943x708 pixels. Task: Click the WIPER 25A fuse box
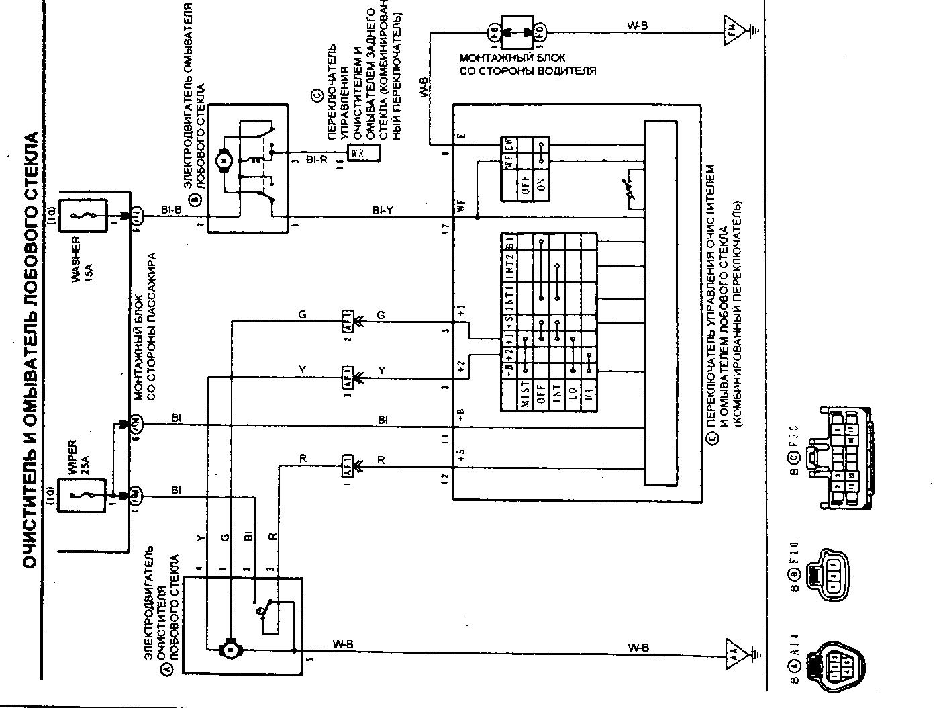tap(83, 496)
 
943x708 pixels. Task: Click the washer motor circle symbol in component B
tap(223, 160)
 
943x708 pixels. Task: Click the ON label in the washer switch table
tap(542, 185)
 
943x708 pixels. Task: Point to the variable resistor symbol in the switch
tap(630, 193)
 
